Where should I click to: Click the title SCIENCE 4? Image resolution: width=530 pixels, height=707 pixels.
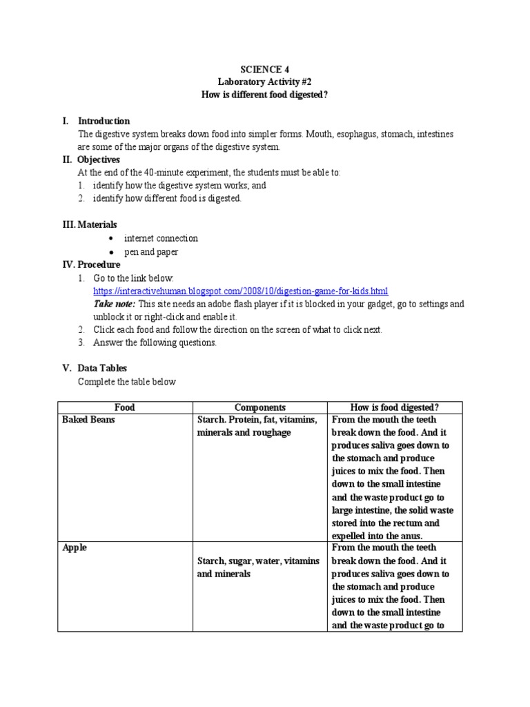[265, 69]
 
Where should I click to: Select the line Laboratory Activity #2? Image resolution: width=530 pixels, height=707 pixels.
[265, 81]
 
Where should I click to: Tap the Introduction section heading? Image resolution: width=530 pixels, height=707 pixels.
[104, 121]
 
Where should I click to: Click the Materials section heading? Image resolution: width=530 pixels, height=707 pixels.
[97, 224]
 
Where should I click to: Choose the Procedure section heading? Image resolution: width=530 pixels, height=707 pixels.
[99, 264]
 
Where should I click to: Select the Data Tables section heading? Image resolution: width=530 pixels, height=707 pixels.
[102, 368]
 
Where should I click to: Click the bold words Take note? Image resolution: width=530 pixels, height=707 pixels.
[113, 304]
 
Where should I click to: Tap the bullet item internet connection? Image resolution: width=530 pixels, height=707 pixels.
[161, 238]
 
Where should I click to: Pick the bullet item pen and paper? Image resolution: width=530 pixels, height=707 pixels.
[151, 252]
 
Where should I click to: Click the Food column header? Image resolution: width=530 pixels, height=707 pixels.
[124, 407]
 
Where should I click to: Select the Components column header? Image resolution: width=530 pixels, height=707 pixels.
[259, 407]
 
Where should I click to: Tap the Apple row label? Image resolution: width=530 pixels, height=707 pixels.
[74, 548]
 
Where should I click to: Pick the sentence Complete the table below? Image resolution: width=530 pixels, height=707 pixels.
[127, 381]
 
